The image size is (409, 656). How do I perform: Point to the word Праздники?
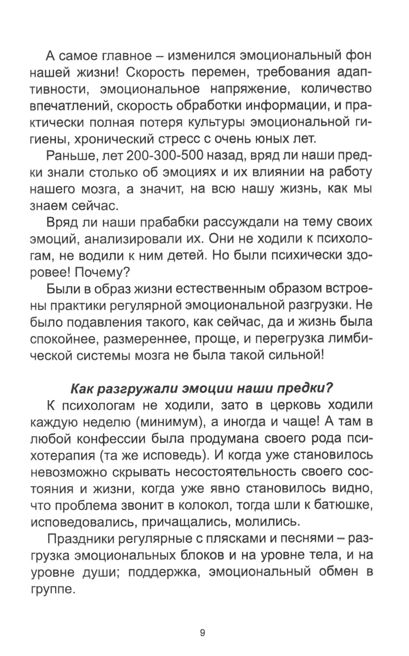(x=82, y=539)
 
